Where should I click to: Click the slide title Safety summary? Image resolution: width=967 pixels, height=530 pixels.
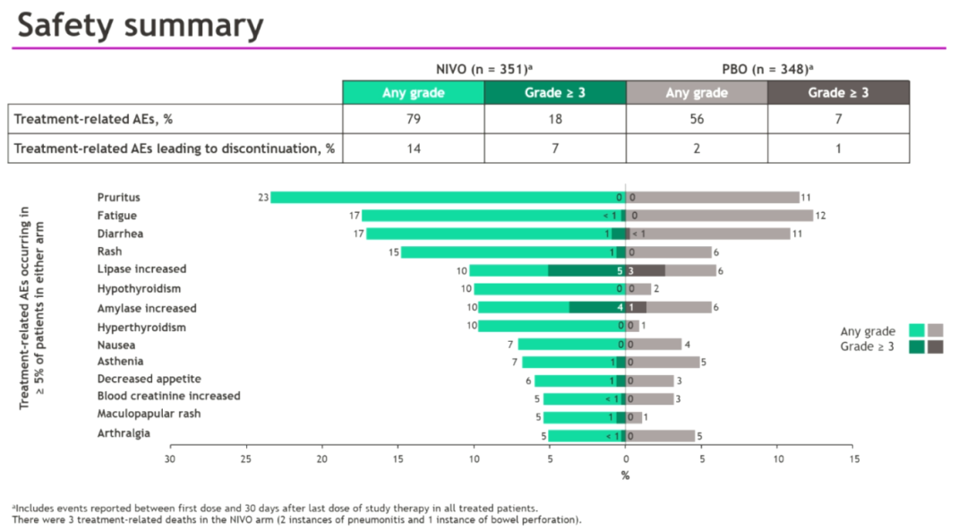[141, 24]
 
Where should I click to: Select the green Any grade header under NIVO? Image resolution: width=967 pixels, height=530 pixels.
[413, 93]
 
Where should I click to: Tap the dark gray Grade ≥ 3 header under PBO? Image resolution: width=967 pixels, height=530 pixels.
[838, 93]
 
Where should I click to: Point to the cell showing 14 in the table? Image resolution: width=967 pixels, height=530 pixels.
[413, 149]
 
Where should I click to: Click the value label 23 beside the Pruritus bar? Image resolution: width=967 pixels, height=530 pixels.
[262, 197]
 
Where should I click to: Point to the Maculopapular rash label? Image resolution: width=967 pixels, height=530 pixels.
[149, 414]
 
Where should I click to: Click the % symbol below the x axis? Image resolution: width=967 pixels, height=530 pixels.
[625, 475]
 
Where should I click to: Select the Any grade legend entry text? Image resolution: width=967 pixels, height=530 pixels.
[868, 331]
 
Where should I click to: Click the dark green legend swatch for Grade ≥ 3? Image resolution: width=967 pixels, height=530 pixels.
[916, 346]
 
